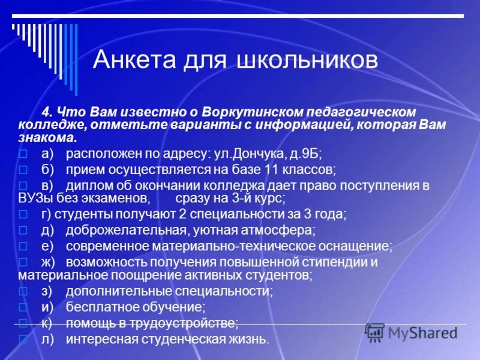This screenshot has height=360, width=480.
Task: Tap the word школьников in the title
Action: point(308,60)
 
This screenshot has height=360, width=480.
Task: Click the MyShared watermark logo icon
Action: point(374,332)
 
